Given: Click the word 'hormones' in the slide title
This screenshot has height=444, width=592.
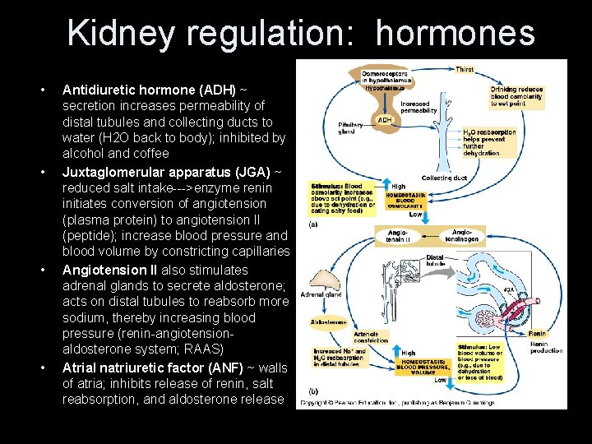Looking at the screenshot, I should coord(456,33).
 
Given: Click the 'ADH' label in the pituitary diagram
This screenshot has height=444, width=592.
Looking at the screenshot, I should coord(384,119).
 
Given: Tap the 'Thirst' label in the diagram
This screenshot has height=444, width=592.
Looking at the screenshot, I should coord(465,70).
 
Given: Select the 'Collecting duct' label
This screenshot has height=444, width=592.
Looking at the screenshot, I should coord(444,178).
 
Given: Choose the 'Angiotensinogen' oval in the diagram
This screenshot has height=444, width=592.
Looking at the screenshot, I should coord(465,236).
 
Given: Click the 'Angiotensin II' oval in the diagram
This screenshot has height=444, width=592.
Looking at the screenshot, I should coord(398,237).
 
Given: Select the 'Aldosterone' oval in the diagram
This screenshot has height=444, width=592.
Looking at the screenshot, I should coord(328,322).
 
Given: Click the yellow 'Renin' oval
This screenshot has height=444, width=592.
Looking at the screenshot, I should coord(537,334).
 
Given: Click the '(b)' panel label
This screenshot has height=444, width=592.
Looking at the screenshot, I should coord(313,391).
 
